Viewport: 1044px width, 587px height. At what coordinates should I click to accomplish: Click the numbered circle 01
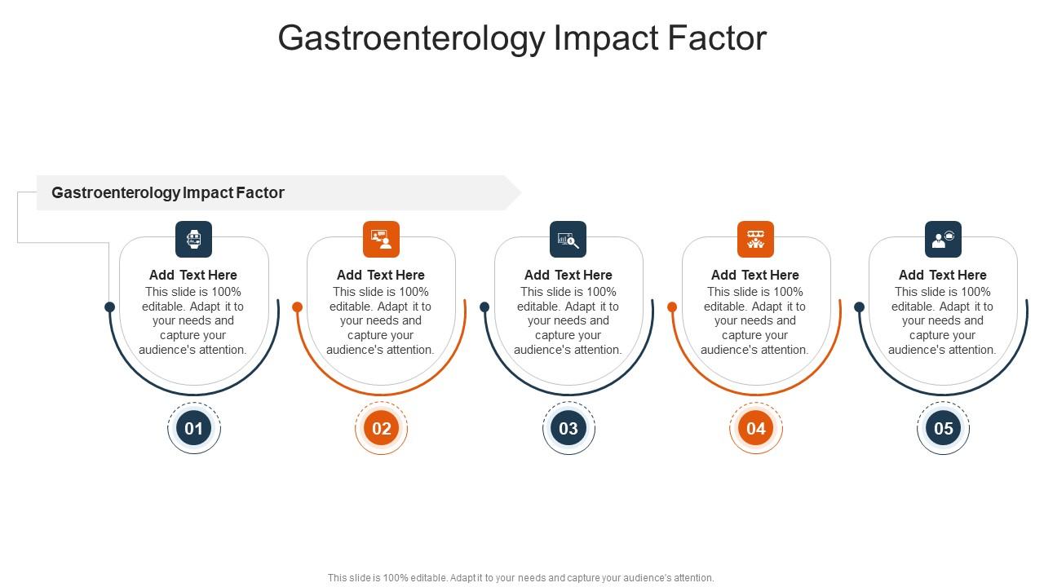point(194,428)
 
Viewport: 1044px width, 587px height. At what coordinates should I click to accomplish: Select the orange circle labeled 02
point(381,428)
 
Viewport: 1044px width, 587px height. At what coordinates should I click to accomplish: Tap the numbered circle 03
point(568,428)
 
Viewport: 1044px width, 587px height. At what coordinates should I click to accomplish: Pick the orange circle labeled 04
point(756,428)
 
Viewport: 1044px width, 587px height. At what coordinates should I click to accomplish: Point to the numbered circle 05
point(943,428)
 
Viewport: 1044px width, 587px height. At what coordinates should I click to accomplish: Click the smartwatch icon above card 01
point(194,240)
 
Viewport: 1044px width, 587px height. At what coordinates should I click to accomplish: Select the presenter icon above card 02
point(381,240)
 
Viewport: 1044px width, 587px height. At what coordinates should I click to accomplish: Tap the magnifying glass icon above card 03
point(568,240)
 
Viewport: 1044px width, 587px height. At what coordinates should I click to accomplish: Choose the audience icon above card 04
point(756,240)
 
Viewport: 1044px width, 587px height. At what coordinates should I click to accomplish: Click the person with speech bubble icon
point(943,240)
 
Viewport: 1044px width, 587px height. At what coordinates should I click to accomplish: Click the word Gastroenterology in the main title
point(411,38)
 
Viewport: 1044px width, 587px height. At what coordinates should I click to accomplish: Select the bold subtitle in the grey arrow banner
point(168,193)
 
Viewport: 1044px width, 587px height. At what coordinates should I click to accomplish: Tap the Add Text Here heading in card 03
point(568,275)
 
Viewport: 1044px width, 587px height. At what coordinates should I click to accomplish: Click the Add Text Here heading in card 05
point(943,275)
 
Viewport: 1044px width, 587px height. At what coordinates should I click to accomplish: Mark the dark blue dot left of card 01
point(110,307)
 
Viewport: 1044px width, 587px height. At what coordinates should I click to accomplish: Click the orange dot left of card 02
point(298,307)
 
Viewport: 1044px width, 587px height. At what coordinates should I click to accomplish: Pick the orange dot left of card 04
point(672,307)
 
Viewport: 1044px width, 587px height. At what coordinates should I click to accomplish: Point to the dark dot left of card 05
point(859,307)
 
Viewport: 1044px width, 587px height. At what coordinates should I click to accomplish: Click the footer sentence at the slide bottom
point(521,578)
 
